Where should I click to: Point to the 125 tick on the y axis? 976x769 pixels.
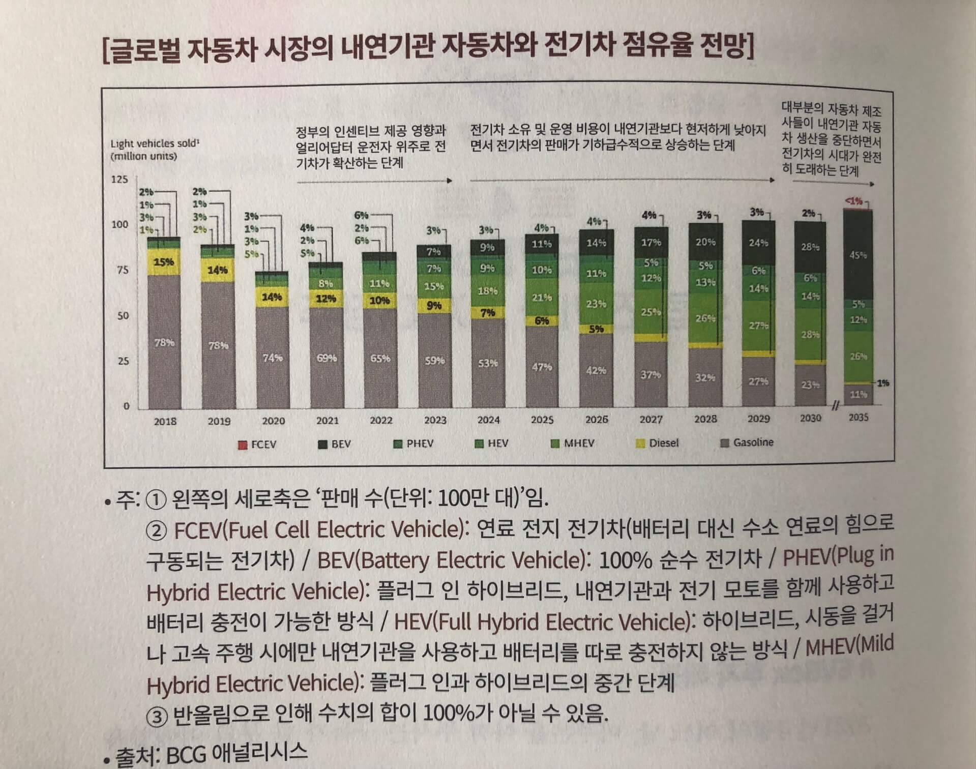(120, 179)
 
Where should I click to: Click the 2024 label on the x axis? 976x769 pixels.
(488, 420)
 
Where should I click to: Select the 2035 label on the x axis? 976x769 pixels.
(859, 417)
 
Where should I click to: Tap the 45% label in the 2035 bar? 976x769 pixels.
(858, 255)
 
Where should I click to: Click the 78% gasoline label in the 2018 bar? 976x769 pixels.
(164, 342)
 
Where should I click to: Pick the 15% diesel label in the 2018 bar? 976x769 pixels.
(164, 262)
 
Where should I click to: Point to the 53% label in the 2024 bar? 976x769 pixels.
(488, 363)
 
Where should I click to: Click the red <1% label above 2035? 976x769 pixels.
(854, 201)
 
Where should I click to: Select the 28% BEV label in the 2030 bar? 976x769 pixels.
(810, 247)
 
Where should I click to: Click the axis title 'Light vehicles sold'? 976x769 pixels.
(155, 144)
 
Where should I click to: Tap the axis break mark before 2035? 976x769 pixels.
(835, 406)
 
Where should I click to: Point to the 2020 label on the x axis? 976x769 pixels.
(273, 421)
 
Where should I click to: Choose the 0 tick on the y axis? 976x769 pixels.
(126, 406)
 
